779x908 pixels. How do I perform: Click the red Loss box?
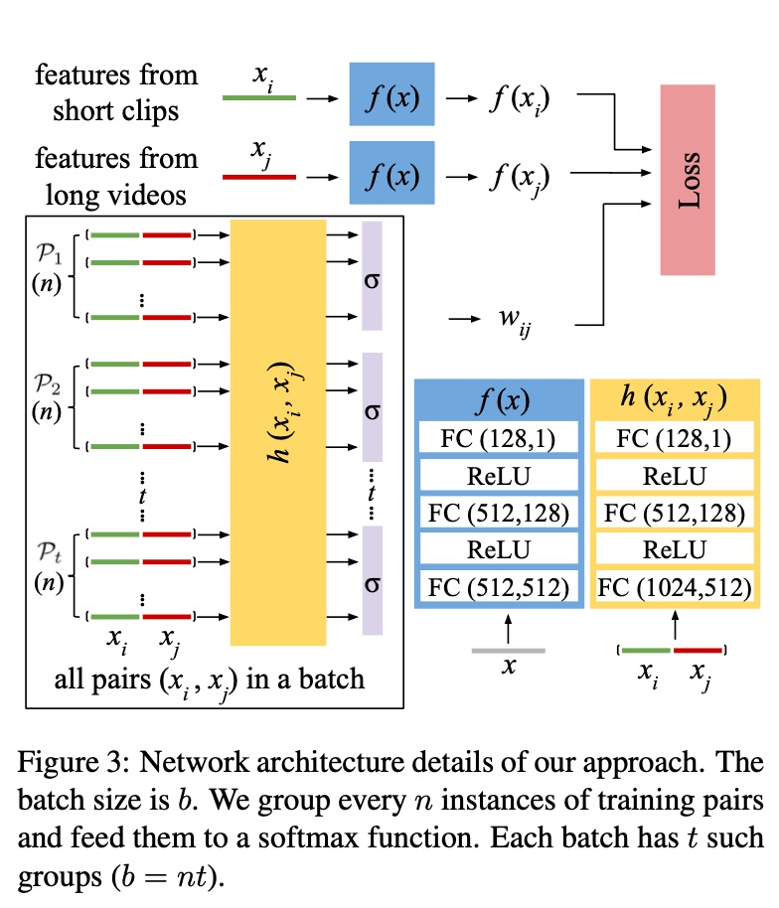coord(688,180)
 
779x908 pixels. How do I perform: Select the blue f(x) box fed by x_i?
coord(391,94)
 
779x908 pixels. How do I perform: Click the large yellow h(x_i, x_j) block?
coord(277,433)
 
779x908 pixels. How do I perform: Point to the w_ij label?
coord(513,321)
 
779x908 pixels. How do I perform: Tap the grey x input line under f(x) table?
coord(508,651)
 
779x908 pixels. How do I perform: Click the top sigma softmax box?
coord(373,275)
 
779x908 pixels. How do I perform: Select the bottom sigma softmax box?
coord(373,580)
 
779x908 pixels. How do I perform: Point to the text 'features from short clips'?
coord(115,91)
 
